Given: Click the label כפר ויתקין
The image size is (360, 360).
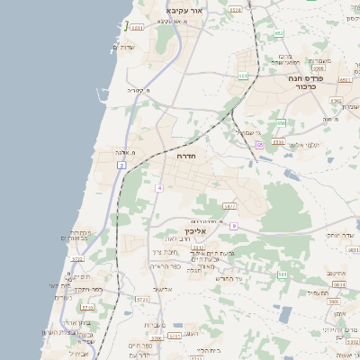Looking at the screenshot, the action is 85,290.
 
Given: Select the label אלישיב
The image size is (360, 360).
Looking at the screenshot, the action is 162,289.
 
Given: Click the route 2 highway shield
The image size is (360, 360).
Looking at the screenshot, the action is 121,166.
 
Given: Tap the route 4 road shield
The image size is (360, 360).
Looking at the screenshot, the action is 159,187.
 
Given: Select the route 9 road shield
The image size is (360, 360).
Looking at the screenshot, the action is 233,226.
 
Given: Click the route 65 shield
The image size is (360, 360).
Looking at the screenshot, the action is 259,144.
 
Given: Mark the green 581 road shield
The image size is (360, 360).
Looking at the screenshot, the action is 282,274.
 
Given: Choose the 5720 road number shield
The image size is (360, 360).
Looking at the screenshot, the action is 76,259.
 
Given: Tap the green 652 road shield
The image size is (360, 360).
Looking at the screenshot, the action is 278,33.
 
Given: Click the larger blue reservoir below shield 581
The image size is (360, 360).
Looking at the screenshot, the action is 285,314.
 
